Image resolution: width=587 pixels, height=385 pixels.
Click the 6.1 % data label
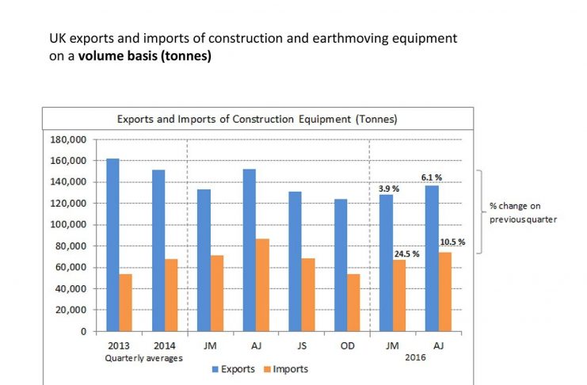point(432,178)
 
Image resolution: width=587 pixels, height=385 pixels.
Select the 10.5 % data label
point(454,242)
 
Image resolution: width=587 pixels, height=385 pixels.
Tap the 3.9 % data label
point(387,189)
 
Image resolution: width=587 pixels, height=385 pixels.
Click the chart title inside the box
point(257,119)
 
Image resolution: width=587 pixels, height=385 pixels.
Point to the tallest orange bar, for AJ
point(262,285)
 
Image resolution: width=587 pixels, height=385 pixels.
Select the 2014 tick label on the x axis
point(164,345)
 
